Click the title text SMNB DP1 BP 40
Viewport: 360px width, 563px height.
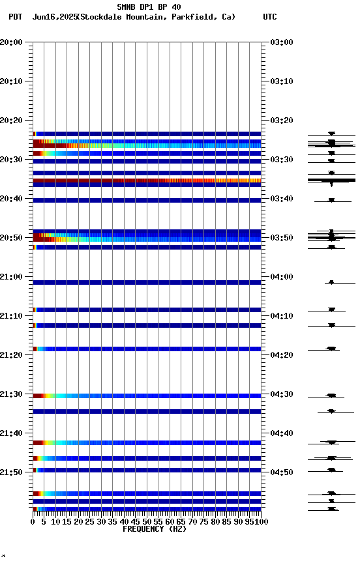pyautogui.click(x=149, y=7)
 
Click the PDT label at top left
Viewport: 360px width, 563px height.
pyautogui.click(x=15, y=17)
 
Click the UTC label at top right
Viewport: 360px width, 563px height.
pyautogui.click(x=269, y=17)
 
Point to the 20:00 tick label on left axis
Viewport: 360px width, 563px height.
pyautogui.click(x=12, y=42)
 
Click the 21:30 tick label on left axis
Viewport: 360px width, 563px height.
pyautogui.click(x=12, y=394)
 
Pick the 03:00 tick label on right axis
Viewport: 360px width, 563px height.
pyautogui.click(x=281, y=42)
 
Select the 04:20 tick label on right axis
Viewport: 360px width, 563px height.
pyautogui.click(x=281, y=355)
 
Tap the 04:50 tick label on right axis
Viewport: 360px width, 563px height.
pyautogui.click(x=281, y=472)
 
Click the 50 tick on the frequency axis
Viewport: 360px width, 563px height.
pyautogui.click(x=147, y=521)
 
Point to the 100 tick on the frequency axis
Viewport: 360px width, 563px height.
pyautogui.click(x=261, y=521)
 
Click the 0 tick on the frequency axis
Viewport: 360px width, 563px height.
pyautogui.click(x=33, y=521)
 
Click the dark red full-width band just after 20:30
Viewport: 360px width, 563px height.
pyautogui.click(x=147, y=180)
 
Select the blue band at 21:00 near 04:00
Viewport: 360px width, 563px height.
pyautogui.click(x=147, y=282)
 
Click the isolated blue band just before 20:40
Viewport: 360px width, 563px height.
pyautogui.click(x=147, y=200)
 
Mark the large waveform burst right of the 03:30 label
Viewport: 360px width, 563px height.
pyautogui.click(x=331, y=180)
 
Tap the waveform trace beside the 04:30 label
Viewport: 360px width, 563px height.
pyautogui.click(x=331, y=396)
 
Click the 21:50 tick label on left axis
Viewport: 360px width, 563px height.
pyautogui.click(x=12, y=472)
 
